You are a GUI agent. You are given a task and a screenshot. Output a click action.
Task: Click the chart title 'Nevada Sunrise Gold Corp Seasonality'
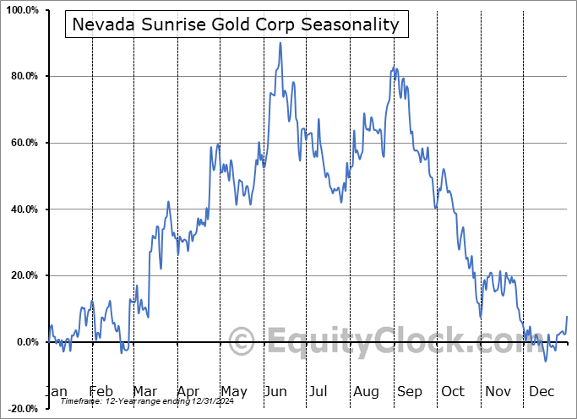point(236,24)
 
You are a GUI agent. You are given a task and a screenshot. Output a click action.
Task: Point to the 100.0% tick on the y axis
point(20,10)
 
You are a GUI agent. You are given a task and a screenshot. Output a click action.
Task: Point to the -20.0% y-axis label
point(21,408)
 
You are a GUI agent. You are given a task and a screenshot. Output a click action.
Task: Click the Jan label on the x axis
point(55,391)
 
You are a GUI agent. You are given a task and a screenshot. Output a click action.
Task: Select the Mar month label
point(145,391)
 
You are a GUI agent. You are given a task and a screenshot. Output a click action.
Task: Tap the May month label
point(233,391)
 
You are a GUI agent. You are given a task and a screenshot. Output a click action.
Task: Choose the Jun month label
point(277,391)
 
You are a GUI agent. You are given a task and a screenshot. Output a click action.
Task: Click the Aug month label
point(366,391)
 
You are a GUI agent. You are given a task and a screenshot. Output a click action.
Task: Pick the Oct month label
point(453,391)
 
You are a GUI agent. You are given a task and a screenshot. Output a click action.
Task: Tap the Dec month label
point(542,391)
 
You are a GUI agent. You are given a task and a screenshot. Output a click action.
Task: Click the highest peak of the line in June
point(280,43)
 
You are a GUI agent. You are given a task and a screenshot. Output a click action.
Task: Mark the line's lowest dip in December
point(546,361)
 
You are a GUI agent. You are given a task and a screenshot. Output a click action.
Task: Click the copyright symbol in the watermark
point(242,341)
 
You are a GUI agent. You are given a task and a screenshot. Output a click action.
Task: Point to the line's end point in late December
point(567,316)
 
